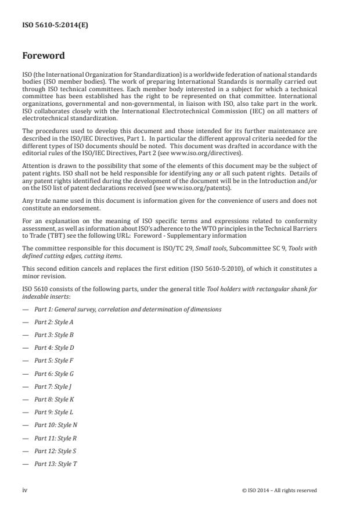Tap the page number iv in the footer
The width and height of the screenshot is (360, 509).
[25, 490]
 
